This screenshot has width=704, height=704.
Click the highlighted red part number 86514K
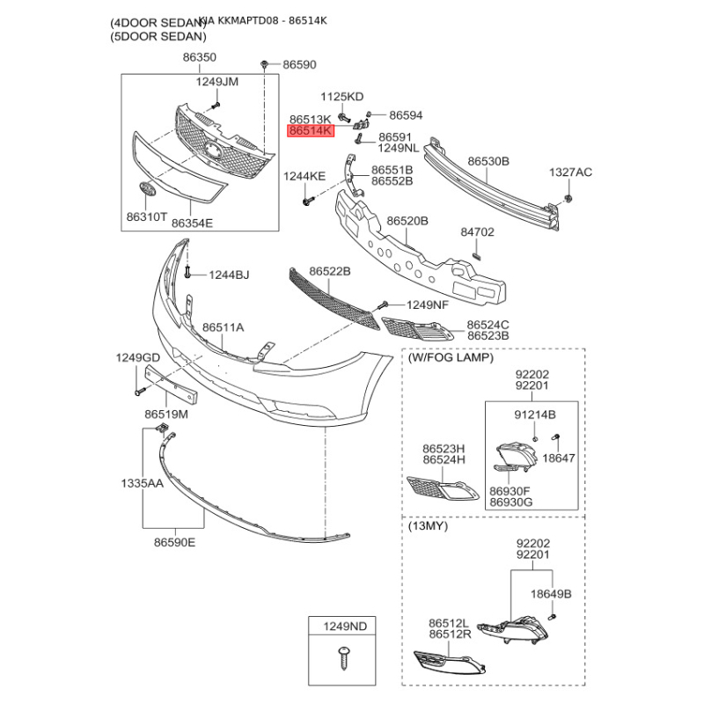pos(312,130)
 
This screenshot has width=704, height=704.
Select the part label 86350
pos(200,57)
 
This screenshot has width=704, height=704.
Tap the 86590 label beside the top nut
pos(299,65)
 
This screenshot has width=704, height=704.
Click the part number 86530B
pos(488,162)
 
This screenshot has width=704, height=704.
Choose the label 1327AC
pos(571,172)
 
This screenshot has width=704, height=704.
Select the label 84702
pos(478,233)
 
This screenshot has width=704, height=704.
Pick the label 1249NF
pos(428,305)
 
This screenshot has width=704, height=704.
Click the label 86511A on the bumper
pos(224,327)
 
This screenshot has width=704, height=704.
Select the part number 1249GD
pos(138,357)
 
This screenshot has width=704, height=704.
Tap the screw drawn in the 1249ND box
pos(343,655)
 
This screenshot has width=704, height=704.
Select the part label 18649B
pos(551,594)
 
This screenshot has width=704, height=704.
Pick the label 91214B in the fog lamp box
pos(534,414)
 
